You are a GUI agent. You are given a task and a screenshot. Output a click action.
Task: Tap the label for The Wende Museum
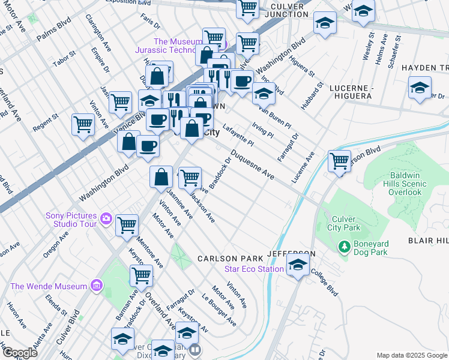tap(48, 286)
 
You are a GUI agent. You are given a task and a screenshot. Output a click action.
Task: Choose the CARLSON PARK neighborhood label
tap(228, 259)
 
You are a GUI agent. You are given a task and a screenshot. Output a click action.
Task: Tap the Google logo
tap(20, 353)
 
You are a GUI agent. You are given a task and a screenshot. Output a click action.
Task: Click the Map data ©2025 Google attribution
tap(411, 355)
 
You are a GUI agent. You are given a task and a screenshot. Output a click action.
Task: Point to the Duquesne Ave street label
tap(253, 167)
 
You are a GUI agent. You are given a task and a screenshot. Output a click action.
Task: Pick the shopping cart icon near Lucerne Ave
tap(339, 161)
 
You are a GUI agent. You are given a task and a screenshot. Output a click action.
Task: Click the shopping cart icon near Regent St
tap(83, 125)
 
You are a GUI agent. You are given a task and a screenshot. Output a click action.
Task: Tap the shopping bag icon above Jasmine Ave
tap(161, 177)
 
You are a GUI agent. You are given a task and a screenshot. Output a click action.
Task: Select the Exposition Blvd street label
tap(127, 2)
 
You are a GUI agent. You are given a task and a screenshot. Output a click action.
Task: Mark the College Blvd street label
tap(324, 281)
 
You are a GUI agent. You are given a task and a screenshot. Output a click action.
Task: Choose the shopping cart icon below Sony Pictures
tap(127, 225)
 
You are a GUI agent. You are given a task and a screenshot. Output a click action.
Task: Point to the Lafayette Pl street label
tap(238, 135)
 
